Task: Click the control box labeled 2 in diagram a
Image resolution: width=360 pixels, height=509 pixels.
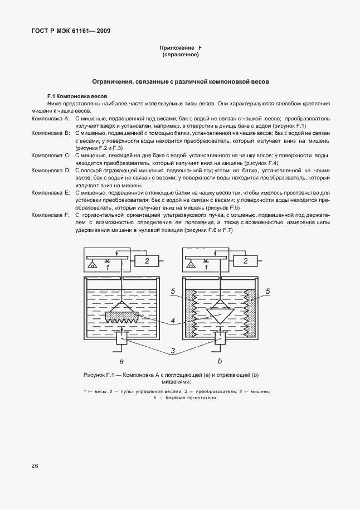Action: [147, 260]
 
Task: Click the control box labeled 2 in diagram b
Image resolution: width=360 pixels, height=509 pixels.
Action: [245, 260]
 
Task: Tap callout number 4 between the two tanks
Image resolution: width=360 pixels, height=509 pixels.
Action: [174, 321]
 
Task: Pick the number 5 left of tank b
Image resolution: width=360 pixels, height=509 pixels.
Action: [174, 291]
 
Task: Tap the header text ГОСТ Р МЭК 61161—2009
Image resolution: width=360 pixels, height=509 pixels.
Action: [70, 31]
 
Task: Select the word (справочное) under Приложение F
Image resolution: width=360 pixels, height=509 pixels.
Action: [180, 56]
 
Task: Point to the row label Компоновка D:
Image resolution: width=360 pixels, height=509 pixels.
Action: [50, 169]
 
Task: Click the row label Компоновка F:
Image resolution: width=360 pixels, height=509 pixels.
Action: [50, 215]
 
